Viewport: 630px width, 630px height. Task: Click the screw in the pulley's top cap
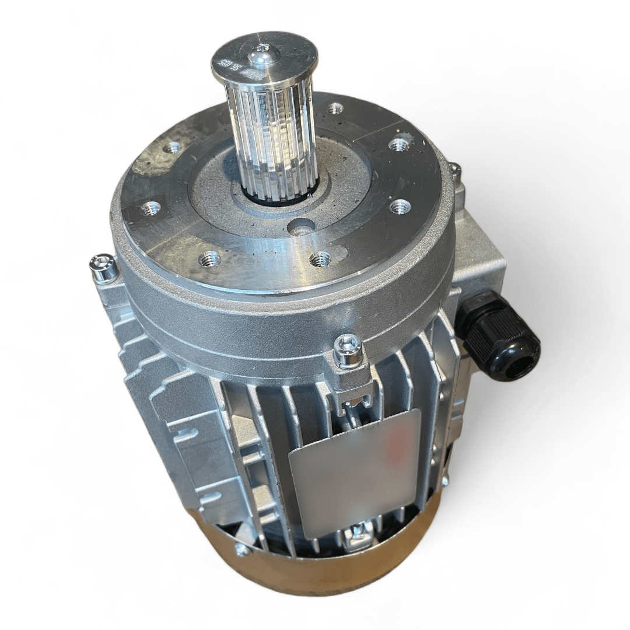tap(259, 56)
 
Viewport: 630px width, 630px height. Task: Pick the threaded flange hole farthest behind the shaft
tap(335, 108)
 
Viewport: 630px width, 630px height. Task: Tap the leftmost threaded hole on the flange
tap(150, 207)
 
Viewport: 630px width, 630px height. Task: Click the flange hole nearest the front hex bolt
tap(320, 259)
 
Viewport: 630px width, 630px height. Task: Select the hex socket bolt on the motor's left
tap(103, 269)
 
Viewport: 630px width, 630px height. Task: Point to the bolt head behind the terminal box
tap(454, 170)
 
